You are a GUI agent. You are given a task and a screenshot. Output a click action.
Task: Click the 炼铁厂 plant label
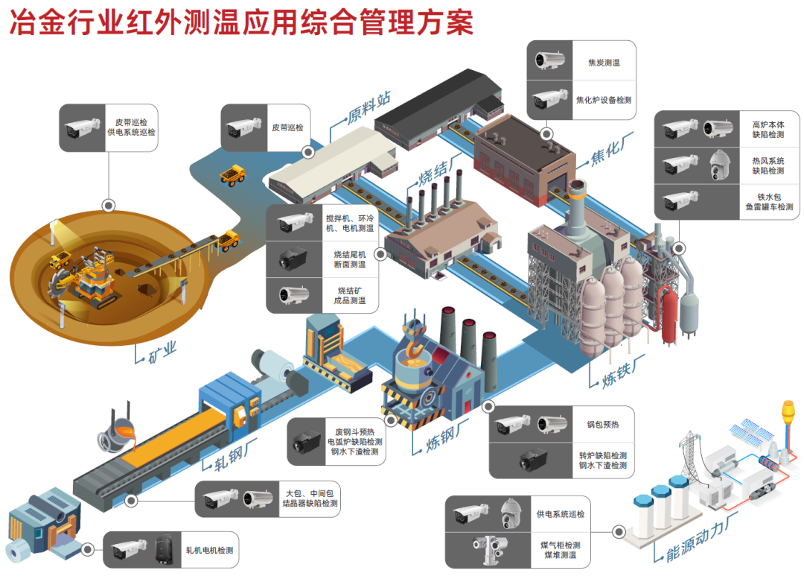click(622, 370)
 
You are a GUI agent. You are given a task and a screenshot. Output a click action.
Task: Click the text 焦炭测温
click(604, 63)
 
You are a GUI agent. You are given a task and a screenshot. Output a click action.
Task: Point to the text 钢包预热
click(602, 425)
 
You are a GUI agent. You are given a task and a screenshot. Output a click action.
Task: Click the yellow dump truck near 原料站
click(232, 175)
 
